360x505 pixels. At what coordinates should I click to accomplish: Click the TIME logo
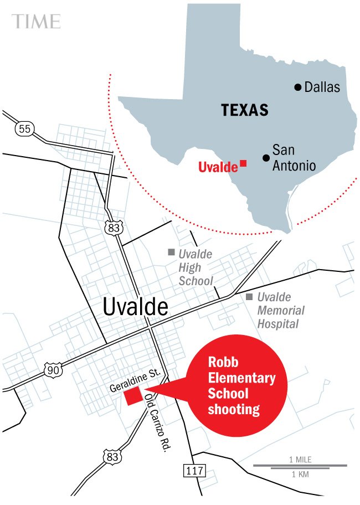click(x=37, y=21)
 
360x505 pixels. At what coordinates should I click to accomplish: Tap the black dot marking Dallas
click(x=297, y=87)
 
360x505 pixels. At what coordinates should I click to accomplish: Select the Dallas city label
click(x=322, y=87)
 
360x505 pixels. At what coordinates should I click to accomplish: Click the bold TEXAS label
click(x=245, y=110)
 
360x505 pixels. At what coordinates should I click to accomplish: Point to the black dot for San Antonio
click(x=266, y=158)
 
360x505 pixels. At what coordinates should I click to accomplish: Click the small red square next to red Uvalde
click(x=243, y=164)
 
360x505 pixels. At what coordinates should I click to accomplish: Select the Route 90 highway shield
click(x=53, y=370)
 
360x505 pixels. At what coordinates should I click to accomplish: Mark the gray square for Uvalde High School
click(x=171, y=252)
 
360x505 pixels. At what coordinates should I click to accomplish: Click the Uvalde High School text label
click(x=195, y=267)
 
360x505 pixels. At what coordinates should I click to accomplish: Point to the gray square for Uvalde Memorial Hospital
click(x=250, y=297)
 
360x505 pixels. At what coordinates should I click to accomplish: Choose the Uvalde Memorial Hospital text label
click(x=278, y=311)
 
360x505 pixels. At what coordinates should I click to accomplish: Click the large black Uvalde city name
click(x=135, y=306)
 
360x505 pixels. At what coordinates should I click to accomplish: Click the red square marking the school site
click(x=132, y=396)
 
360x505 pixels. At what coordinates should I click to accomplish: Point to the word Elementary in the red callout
click(x=241, y=379)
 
